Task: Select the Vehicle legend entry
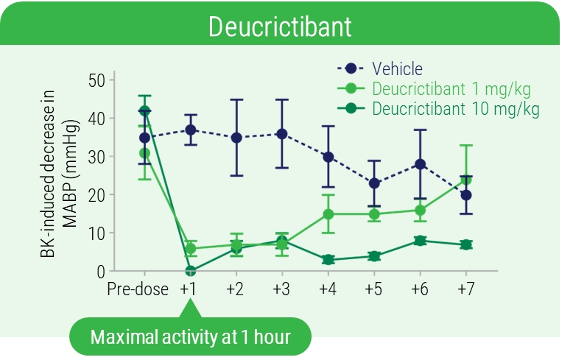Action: pos(397,69)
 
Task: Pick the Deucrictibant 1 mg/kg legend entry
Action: pos(451,89)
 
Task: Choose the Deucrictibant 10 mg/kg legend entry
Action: pos(455,110)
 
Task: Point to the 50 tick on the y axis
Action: pos(96,80)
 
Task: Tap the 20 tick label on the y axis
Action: pos(96,194)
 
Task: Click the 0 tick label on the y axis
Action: pos(100,271)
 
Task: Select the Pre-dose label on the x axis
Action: pos(138,288)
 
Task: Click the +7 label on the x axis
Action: pos(465,288)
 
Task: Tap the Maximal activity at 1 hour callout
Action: pos(190,338)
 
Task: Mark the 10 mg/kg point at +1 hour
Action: pos(191,271)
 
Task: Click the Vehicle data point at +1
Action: pos(191,130)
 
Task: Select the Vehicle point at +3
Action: pos(281,133)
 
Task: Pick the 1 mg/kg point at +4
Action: pos(328,214)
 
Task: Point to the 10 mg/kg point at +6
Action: pos(419,241)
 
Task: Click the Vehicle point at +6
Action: pos(419,164)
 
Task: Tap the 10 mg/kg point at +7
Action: pos(465,244)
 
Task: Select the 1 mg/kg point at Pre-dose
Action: pos(144,153)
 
